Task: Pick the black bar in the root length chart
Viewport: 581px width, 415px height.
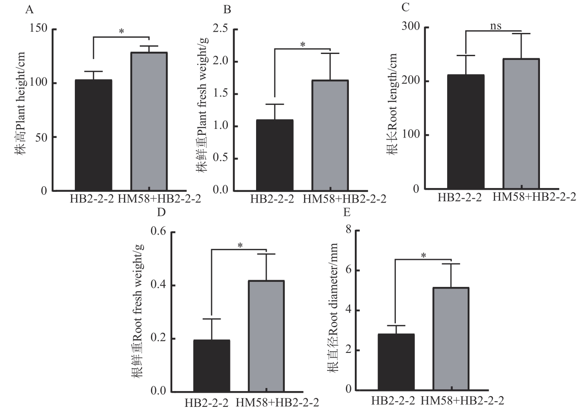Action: pos(466,131)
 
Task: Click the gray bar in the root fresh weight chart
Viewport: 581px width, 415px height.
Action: pos(266,336)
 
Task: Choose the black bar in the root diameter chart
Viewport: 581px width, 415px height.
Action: pos(396,362)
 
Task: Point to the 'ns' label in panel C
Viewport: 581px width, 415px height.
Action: pos(495,26)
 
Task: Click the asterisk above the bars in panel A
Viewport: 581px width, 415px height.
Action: pos(121,32)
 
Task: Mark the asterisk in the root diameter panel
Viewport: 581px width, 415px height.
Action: pos(424,256)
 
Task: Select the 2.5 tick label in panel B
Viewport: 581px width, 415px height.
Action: pos(221,29)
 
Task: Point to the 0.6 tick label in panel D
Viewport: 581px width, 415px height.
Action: pos(159,232)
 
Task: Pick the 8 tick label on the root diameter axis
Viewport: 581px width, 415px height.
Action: pos(348,230)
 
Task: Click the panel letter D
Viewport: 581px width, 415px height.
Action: pos(161,212)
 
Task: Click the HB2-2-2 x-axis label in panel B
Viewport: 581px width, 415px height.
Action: pos(272,199)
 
